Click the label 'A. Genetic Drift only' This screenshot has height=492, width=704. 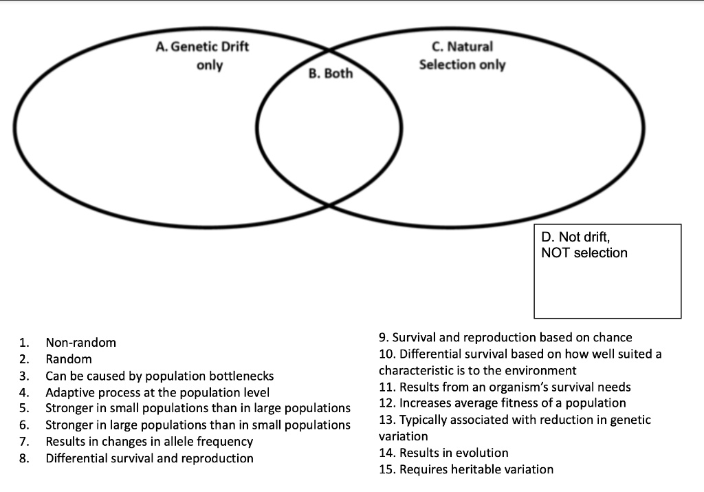tap(202, 56)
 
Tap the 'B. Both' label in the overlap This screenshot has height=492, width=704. tap(330, 74)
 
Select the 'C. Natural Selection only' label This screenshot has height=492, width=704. tap(462, 56)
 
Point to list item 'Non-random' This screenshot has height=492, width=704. tap(80, 342)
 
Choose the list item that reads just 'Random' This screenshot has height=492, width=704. tap(68, 359)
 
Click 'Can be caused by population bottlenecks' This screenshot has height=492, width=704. tap(159, 376)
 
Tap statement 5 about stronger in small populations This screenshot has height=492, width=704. tap(198, 409)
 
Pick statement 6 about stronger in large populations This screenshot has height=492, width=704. tap(198, 425)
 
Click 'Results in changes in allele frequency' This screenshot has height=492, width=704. tap(149, 442)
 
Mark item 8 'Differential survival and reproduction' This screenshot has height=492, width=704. tap(149, 458)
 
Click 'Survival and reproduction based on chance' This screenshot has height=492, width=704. tap(505, 337)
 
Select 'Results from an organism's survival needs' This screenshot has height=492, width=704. tap(505, 387)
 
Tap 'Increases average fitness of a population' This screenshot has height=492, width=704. tap(503, 403)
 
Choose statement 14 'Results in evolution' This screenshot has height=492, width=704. tap(443, 453)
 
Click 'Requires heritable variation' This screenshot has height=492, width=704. tap(466, 469)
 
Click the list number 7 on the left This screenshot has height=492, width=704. tap(24, 442)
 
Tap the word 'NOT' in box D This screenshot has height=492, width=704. tap(555, 253)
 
